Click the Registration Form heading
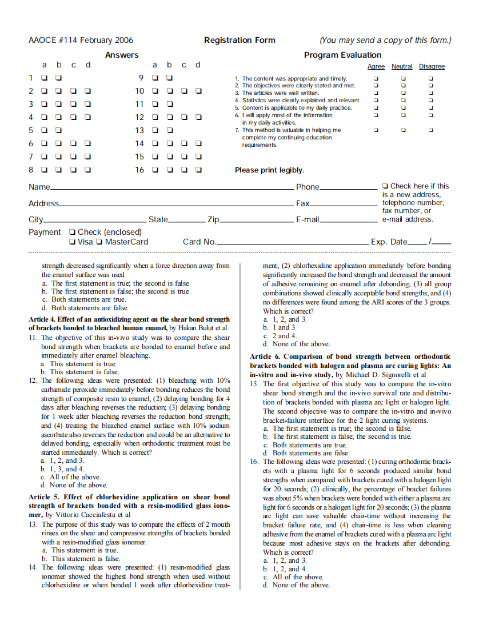[x=240, y=40]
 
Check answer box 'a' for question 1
[x=44, y=78]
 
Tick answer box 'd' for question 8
[x=87, y=170]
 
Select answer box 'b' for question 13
[x=169, y=130]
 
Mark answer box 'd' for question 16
[x=198, y=170]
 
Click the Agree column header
[x=376, y=67]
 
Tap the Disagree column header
[x=432, y=67]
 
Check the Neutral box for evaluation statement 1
[x=403, y=79]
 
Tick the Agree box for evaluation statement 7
[x=376, y=130]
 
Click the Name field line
[x=171, y=187]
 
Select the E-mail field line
[x=348, y=220]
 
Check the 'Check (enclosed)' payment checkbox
[x=72, y=233]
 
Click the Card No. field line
[x=292, y=242]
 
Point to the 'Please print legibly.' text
[x=269, y=170]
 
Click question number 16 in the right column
[x=254, y=461]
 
